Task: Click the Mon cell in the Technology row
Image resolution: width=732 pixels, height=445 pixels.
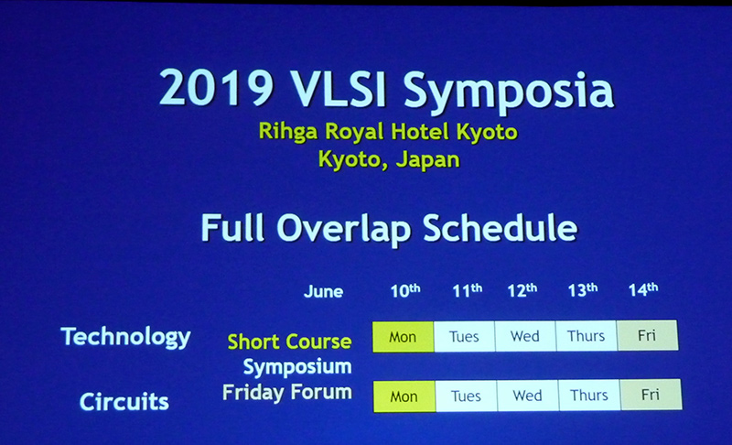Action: pos(403,336)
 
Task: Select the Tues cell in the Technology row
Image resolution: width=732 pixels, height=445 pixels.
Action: pos(464,336)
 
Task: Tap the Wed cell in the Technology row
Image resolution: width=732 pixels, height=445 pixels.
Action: pos(525,336)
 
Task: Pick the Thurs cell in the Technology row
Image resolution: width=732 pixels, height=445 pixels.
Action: pos(587,336)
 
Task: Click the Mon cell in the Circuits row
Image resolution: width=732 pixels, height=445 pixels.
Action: pos(405,396)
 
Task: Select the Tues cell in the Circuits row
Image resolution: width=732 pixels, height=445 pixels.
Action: pos(467,396)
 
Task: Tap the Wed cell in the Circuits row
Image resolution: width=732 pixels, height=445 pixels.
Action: pos(528,396)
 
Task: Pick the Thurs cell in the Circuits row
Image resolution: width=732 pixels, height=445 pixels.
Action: pos(589,396)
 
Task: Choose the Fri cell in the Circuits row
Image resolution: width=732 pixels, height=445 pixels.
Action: pos(651,395)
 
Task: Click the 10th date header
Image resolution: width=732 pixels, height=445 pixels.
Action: pos(404,290)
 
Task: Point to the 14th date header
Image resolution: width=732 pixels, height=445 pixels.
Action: pos(642,289)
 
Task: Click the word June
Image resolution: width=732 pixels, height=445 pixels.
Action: pos(323,292)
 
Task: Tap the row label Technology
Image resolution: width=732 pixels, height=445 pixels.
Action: pos(125,336)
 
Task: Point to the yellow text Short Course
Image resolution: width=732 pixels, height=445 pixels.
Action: pos(289,342)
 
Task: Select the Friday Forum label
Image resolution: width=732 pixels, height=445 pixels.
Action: pos(287,392)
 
